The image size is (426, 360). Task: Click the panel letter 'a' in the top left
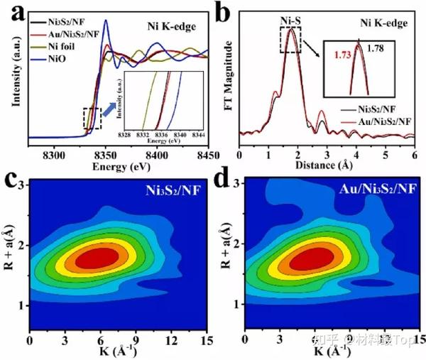click(x=16, y=14)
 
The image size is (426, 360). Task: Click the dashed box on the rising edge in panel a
click(x=92, y=118)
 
